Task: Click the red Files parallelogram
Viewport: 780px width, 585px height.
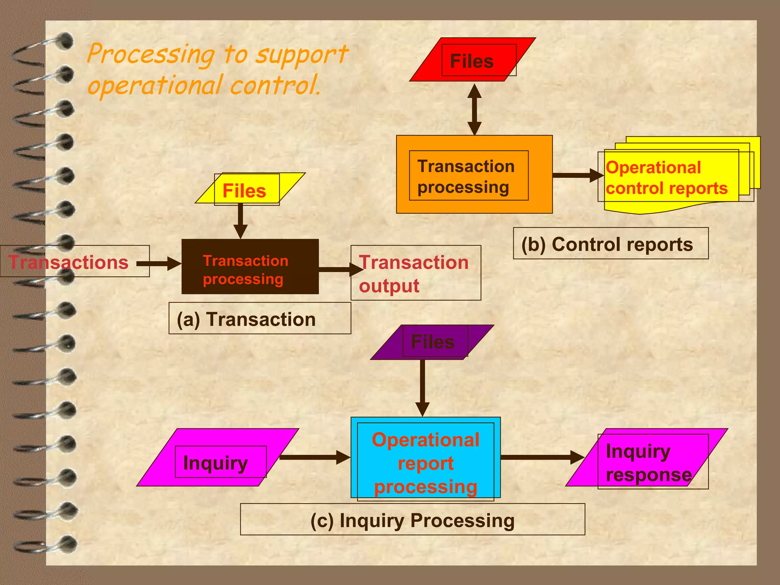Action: (472, 60)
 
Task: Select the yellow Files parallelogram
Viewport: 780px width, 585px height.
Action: (249, 189)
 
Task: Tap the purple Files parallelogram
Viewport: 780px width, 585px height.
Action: (432, 342)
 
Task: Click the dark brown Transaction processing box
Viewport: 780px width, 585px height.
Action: (250, 267)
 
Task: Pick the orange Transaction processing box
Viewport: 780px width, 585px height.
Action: (474, 174)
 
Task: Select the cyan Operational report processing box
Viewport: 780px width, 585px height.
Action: (425, 458)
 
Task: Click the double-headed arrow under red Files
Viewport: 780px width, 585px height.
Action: (474, 109)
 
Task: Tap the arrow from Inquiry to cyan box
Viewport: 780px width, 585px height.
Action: (315, 457)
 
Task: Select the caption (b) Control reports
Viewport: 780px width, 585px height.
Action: (610, 244)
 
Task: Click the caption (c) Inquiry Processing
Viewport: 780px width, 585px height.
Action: (412, 520)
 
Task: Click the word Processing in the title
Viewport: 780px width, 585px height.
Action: (151, 54)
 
